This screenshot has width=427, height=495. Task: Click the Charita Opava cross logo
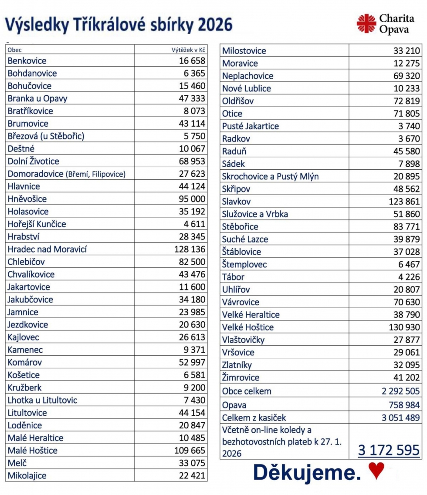tap(366, 23)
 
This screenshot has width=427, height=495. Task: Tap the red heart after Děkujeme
tap(376, 471)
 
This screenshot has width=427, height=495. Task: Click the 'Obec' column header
tap(14, 50)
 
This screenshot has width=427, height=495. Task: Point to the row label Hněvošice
tap(27, 199)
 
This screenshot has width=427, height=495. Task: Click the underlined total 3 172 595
tap(389, 450)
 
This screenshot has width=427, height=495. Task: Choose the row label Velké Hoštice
tap(248, 327)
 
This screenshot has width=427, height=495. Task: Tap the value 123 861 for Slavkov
tap(404, 202)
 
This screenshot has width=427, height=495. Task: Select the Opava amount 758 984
tap(404, 405)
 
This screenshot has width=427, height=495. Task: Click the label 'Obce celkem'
tap(247, 391)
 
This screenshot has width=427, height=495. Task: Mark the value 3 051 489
tap(400, 418)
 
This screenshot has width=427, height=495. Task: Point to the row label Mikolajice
tap(27, 475)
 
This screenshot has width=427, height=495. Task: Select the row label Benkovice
tap(27, 61)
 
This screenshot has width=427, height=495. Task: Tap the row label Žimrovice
tap(241, 377)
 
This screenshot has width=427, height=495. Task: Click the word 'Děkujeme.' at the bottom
tap(307, 472)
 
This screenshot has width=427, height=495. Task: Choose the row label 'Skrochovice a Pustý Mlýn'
tap(270, 176)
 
